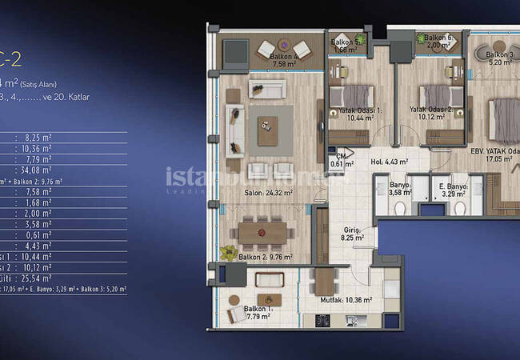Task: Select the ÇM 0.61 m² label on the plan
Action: tap(341, 160)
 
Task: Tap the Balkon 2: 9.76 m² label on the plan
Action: tap(266, 257)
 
